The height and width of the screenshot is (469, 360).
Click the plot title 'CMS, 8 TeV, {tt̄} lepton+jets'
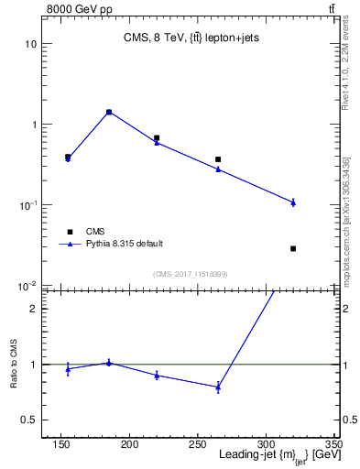click(x=191, y=38)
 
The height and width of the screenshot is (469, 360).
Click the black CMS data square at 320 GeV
click(x=293, y=248)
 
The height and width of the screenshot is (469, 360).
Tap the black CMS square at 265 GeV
click(x=218, y=159)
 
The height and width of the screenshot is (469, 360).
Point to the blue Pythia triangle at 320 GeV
click(x=293, y=202)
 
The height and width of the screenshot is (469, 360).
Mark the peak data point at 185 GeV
click(x=109, y=112)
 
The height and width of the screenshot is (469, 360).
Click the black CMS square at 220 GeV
click(x=157, y=137)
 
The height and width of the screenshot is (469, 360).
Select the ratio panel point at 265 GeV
click(x=218, y=387)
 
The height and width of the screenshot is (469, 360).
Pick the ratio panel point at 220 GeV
click(x=157, y=375)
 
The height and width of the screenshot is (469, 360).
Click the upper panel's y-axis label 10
click(x=31, y=44)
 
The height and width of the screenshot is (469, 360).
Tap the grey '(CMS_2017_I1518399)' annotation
click(x=191, y=274)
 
